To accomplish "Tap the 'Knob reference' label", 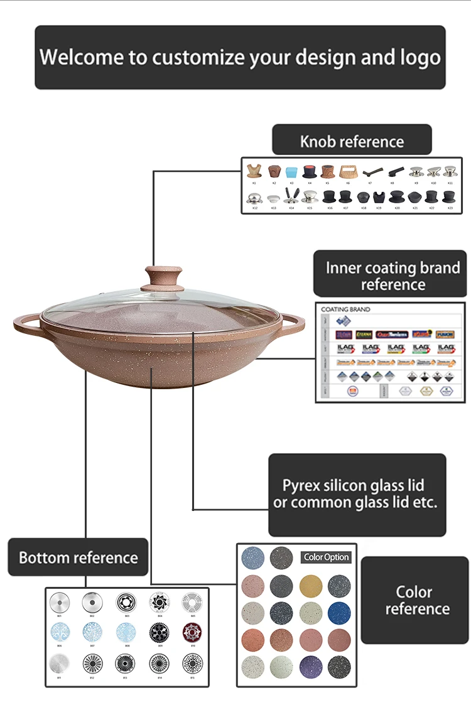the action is click(x=352, y=141).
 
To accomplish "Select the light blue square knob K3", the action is click(x=291, y=171).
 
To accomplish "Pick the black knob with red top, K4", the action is click(x=309, y=171).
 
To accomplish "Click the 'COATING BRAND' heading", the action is click(x=345, y=309).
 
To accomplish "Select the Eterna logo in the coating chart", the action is click(x=364, y=335).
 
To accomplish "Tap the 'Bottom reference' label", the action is click(x=78, y=557).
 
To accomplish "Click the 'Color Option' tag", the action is click(x=326, y=557).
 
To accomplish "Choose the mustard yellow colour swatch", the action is click(x=310, y=585).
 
